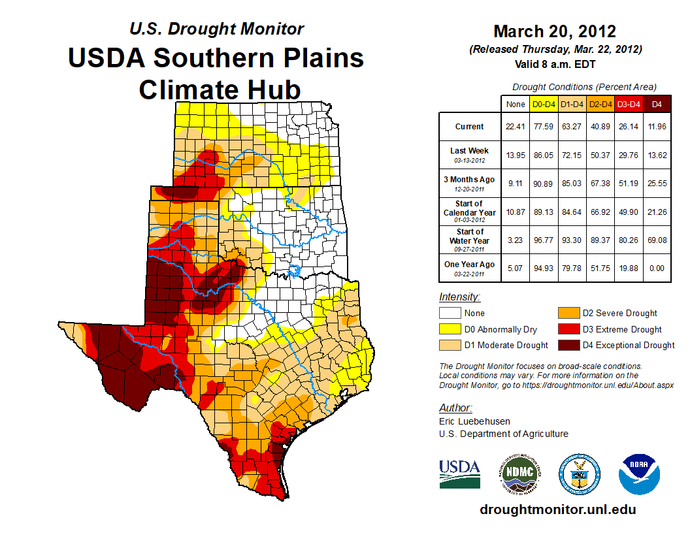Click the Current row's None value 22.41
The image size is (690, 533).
516,127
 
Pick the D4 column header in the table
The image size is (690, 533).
657,103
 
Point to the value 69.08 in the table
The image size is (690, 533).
657,236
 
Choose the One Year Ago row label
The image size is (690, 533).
469,265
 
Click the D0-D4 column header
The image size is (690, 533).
544,103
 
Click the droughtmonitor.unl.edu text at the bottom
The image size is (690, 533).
557,509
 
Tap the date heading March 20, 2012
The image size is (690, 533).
555,31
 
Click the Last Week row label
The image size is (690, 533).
469,150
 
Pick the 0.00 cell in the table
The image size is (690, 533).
657,265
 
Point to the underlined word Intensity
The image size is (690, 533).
459,297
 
